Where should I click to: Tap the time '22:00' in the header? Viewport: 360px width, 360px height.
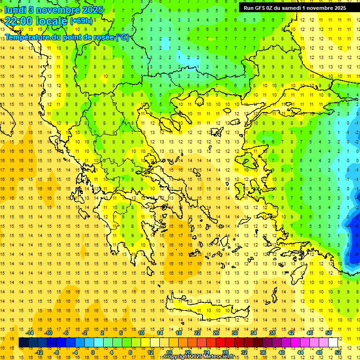(x=20, y=21)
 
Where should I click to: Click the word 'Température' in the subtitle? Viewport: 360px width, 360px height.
(x=29, y=37)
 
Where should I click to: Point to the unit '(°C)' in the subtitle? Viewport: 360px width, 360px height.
(x=121, y=37)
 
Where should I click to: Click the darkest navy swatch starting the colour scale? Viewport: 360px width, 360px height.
(x=24, y=343)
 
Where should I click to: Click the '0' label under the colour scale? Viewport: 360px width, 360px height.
(x=92, y=352)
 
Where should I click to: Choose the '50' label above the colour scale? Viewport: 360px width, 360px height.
(x=329, y=333)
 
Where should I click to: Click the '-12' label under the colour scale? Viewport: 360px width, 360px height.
(x=39, y=352)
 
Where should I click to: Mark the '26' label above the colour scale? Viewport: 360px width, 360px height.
(x=216, y=333)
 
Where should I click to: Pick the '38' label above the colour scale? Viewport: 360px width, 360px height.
(x=272, y=333)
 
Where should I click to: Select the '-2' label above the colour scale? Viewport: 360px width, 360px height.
(x=85, y=333)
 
